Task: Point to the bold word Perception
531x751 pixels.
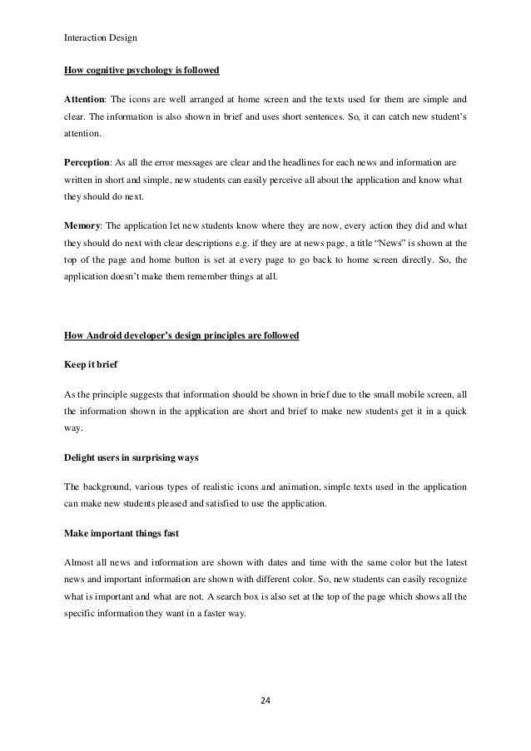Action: point(91,157)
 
